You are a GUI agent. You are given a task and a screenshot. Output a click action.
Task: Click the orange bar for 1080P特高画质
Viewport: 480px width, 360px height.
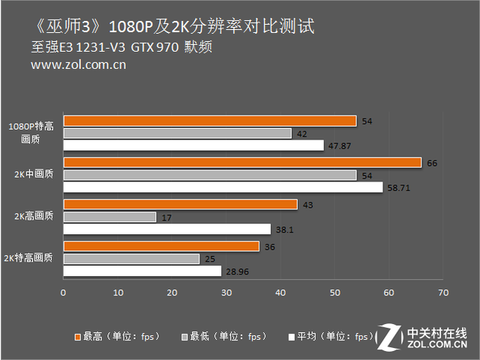[210, 121]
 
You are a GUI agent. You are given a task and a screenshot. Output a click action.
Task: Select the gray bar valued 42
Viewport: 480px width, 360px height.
[177, 133]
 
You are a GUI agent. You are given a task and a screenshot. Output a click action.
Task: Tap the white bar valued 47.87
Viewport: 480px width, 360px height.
[193, 145]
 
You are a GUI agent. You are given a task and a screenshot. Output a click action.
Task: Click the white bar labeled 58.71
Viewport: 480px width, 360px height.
[223, 187]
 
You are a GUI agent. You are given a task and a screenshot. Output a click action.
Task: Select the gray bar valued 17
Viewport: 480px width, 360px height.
[109, 217]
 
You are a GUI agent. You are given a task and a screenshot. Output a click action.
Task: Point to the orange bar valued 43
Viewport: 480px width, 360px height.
[180, 204]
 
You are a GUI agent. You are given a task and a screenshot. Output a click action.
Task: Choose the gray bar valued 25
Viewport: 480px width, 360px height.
[131, 258]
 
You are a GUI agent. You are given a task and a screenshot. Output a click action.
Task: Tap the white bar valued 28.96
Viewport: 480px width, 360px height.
[142, 270]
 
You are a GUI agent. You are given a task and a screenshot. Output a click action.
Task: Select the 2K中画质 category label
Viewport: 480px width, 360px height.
[34, 175]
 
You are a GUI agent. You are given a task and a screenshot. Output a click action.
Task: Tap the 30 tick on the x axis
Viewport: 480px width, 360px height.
[226, 292]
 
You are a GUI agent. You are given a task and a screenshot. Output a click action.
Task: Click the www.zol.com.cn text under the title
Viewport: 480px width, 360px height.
[78, 64]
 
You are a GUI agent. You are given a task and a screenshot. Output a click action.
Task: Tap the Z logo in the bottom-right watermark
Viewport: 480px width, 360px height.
[390, 337]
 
